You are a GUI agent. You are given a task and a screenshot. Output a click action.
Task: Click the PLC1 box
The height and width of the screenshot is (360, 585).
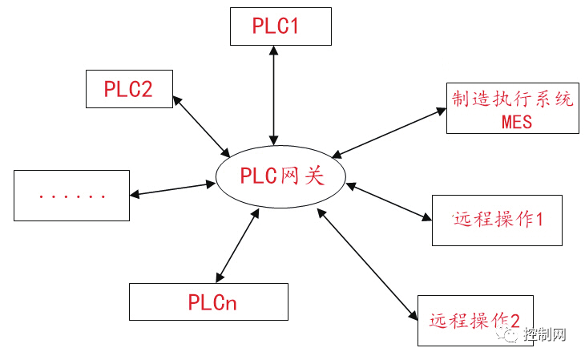pos(279,26)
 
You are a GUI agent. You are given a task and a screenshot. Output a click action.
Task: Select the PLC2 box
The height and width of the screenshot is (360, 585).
pos(128,88)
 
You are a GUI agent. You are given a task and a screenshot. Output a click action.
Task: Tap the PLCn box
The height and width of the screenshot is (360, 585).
pos(208,301)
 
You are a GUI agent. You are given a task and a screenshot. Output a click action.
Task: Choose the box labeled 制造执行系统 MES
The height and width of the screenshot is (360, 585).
pos(513,109)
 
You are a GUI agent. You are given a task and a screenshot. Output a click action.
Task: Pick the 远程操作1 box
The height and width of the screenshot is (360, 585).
pos(497,219)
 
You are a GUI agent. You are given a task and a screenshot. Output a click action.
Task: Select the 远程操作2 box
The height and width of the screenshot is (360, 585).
pos(474,322)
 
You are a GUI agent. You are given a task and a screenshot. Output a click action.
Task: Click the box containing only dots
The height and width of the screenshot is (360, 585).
pos(71,195)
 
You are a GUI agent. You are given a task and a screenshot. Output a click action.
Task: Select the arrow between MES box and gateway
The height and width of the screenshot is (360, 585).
pos(389,131)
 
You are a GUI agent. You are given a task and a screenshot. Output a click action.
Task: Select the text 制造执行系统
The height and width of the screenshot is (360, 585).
pos(513,100)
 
